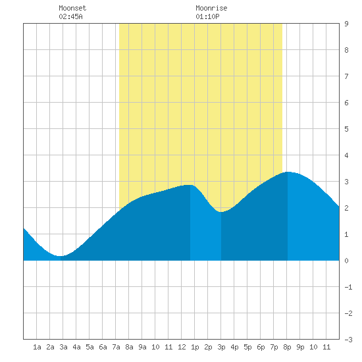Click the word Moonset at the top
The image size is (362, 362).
tap(72, 8)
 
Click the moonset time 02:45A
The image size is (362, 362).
tap(70, 16)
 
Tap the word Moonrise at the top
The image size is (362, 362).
tap(211, 8)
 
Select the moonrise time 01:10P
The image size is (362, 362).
tap(207, 16)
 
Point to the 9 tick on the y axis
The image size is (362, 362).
tap(346, 24)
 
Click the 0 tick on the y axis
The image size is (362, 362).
tap(346, 261)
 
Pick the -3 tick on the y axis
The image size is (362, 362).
tap(348, 340)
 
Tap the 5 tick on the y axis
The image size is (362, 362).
tap(346, 129)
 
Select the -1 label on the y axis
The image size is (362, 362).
tap(348, 287)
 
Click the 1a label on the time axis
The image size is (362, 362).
tap(37, 347)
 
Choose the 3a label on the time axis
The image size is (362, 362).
tap(63, 347)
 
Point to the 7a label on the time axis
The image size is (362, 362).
tap(116, 347)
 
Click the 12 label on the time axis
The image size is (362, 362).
tap(182, 347)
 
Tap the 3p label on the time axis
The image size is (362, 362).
tap(221, 347)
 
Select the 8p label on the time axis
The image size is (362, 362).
tap(287, 347)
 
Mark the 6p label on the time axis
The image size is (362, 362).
tap(261, 347)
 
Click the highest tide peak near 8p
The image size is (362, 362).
tap(288, 172)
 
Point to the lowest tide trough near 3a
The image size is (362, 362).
tap(61, 256)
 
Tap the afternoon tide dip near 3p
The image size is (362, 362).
tap(221, 212)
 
